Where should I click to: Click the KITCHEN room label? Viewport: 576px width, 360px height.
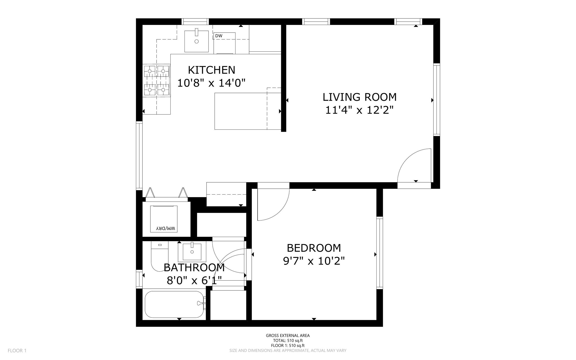pyautogui.click(x=211, y=70)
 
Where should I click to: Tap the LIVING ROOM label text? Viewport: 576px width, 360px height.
pyautogui.click(x=359, y=97)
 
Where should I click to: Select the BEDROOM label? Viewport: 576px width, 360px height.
pyautogui.click(x=314, y=248)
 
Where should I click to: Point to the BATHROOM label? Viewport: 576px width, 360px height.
pyautogui.click(x=194, y=268)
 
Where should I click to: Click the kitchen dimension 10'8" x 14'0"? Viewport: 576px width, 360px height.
pyautogui.click(x=211, y=83)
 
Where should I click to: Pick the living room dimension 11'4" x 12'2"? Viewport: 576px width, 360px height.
pyautogui.click(x=359, y=110)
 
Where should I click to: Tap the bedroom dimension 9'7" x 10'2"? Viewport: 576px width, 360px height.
pyautogui.click(x=314, y=261)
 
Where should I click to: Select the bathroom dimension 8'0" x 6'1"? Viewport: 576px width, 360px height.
pyautogui.click(x=194, y=280)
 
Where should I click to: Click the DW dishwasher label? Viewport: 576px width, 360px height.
pyautogui.click(x=219, y=36)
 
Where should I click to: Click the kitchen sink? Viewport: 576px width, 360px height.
pyautogui.click(x=197, y=41)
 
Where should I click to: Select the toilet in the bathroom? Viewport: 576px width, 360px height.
pyautogui.click(x=160, y=256)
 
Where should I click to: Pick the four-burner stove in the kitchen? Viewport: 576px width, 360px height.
pyautogui.click(x=157, y=80)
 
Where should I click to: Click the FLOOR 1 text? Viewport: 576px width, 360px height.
pyautogui.click(x=17, y=350)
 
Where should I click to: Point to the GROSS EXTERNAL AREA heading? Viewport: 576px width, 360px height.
pyautogui.click(x=288, y=335)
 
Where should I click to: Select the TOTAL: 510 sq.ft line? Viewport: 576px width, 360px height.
pyautogui.click(x=288, y=340)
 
